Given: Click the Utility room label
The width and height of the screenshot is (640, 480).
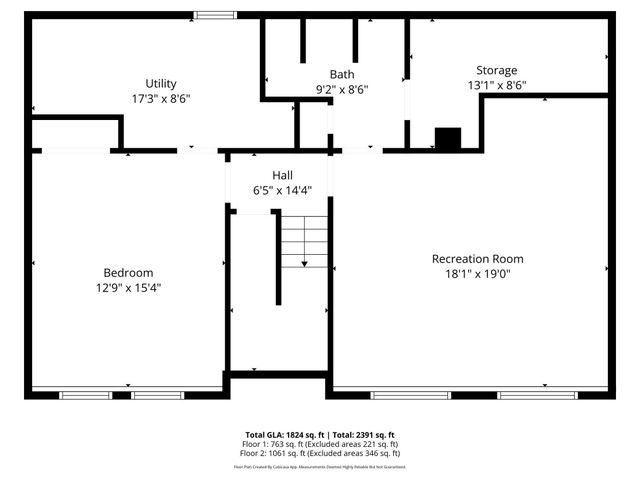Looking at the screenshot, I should click(x=160, y=84).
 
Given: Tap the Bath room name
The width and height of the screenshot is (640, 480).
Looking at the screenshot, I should click(x=342, y=75).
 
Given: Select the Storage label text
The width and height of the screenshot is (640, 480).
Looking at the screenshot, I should click(x=496, y=71).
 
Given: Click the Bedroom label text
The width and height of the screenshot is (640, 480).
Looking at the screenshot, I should click(x=128, y=273).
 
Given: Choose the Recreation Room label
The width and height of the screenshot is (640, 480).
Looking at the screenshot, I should click(x=477, y=259).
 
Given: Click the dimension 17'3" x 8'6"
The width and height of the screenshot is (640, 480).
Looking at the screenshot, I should click(x=160, y=99).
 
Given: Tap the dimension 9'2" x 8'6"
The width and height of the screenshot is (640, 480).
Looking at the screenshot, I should click(x=342, y=89).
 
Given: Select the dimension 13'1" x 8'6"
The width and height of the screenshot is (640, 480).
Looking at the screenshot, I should click(x=496, y=86).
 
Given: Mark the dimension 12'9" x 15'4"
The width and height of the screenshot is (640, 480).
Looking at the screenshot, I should click(x=128, y=288).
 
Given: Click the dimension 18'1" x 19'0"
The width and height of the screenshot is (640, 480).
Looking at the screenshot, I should click(x=477, y=274).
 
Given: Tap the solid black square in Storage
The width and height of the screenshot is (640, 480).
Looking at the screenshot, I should click(x=448, y=139).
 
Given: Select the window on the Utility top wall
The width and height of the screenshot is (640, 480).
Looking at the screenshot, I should click(x=215, y=15).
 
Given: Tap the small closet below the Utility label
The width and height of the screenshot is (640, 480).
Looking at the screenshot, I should click(x=76, y=133).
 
